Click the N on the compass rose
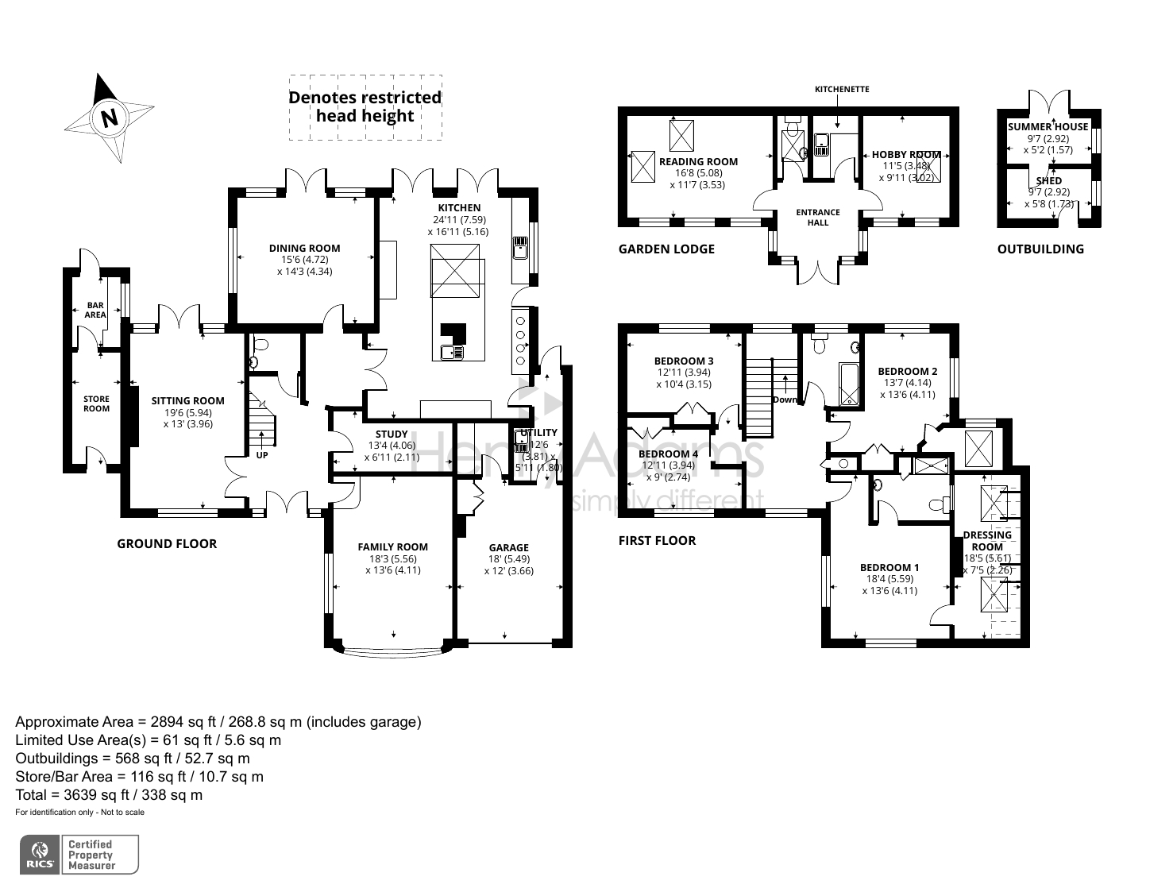[x=109, y=118]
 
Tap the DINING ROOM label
[x=304, y=249]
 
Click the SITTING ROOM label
[x=188, y=401]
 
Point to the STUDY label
[x=392, y=434]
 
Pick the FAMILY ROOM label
[x=392, y=547]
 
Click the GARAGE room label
[x=508, y=548]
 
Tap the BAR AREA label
[x=95, y=310]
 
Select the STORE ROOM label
[x=96, y=404]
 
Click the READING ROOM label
[x=698, y=162]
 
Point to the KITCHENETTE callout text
[x=842, y=89]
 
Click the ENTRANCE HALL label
[x=818, y=217]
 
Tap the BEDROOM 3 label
[x=684, y=361]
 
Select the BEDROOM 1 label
[x=889, y=568]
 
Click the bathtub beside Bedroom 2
[x=849, y=384]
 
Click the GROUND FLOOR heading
[x=167, y=544]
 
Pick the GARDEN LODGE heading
[x=666, y=249]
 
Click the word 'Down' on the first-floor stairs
[x=785, y=400]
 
